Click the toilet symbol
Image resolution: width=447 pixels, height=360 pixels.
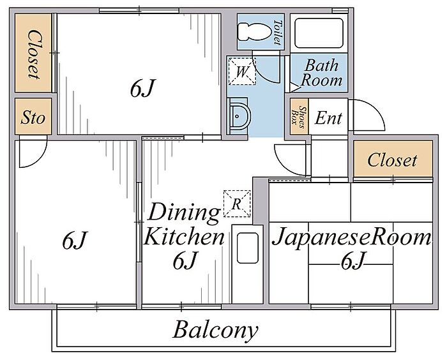click(252, 31)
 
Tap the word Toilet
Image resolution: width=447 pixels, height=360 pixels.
click(277, 32)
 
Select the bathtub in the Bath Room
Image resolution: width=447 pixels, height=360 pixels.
click(319, 32)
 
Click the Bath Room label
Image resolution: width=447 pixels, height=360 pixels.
click(321, 73)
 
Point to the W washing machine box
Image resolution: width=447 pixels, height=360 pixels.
click(241, 70)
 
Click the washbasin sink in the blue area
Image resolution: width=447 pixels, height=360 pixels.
click(238, 116)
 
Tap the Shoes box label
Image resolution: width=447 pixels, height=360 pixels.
click(298, 117)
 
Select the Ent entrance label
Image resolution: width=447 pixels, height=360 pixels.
click(329, 118)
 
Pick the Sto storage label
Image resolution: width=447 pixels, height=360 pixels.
click(33, 118)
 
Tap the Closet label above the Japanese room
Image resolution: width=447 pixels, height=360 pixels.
click(392, 160)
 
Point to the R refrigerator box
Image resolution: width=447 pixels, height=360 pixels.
click(236, 204)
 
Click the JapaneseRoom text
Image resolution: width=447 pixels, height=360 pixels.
click(352, 238)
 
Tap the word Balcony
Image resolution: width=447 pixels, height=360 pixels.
click(216, 331)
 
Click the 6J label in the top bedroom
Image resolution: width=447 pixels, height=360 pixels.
click(142, 90)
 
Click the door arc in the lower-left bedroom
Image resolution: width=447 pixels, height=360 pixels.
click(32, 154)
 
